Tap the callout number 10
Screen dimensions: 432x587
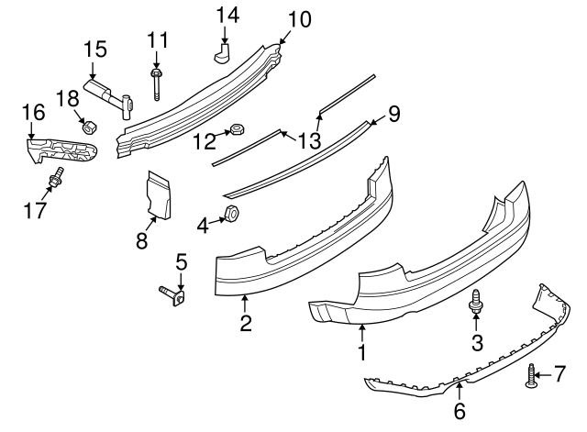pos(299,17)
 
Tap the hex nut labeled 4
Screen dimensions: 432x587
pos(230,216)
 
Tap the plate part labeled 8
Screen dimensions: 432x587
pos(156,197)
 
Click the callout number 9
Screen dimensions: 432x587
pos(393,114)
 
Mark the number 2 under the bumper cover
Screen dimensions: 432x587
pos(246,323)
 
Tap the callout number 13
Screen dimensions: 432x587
pos(314,139)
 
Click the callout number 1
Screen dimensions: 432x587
pos(362,351)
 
